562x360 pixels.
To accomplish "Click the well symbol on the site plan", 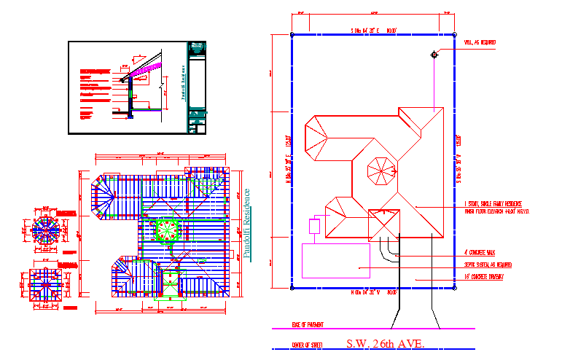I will click(434, 54).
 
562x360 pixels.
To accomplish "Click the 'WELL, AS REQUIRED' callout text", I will click(480, 43).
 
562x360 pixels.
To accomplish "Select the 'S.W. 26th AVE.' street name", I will click(383, 344).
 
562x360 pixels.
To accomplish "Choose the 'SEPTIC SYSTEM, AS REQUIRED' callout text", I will click(488, 265).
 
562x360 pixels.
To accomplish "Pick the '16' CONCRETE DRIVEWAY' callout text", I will click(483, 277).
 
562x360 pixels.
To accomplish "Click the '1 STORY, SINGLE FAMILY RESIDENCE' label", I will click(496, 204).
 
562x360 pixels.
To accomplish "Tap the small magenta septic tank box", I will click(315, 226).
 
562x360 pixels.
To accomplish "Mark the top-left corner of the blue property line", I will click(292, 34).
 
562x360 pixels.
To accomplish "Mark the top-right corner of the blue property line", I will click(457, 34).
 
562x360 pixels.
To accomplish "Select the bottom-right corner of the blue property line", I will click(457, 289).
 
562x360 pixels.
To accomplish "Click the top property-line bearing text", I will click(373, 30).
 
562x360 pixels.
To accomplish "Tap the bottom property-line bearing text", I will click(373, 293).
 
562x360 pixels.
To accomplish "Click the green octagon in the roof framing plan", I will click(168, 230).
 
